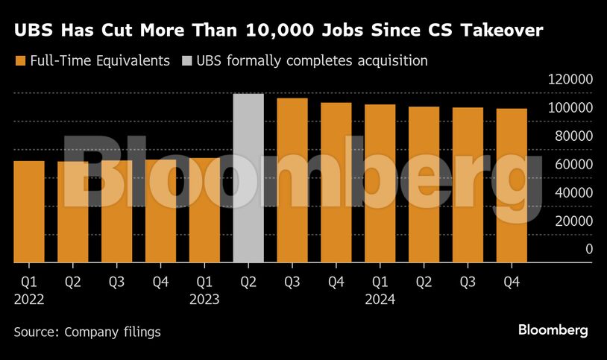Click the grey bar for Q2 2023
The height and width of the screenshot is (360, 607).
point(248,178)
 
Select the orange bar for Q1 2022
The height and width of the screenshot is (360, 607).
point(29,212)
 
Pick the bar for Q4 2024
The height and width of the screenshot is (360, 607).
point(512,186)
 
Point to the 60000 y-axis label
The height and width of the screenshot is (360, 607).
point(575,164)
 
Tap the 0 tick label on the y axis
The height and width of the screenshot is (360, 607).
point(589,248)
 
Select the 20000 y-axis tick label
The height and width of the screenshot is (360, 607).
point(575,221)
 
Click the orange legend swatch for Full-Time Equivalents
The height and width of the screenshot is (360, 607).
point(20,60)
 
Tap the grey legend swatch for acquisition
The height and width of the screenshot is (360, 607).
point(186,60)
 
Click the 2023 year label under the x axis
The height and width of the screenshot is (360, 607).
point(204,300)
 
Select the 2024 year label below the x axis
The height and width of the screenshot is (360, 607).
point(380,300)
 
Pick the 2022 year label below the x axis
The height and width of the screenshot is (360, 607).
point(29,300)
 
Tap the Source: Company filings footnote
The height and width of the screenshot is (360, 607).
point(87,332)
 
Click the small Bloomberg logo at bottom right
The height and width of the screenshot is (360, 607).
point(553,330)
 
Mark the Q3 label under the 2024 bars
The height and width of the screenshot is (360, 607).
point(468,282)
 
